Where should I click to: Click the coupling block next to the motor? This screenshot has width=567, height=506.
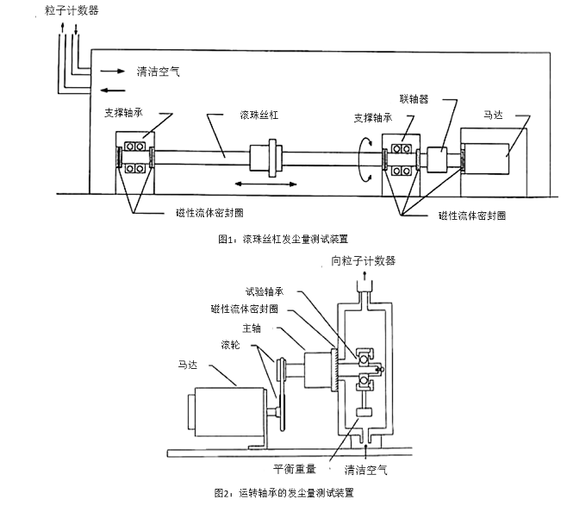[433, 160]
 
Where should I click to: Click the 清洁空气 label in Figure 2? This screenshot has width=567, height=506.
[366, 470]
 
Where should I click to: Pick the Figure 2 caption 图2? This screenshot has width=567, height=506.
[283, 494]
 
